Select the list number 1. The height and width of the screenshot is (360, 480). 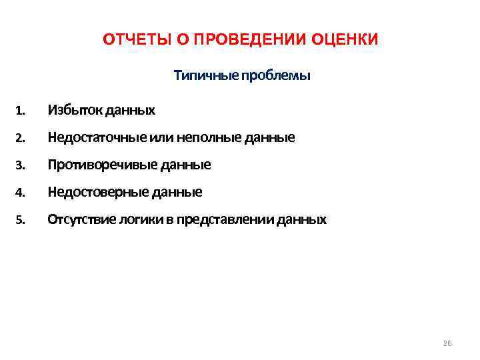pos(21,110)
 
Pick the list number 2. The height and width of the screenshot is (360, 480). pos(21,138)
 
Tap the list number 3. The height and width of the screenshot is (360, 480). pos(21,165)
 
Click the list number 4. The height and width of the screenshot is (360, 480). pos(21,193)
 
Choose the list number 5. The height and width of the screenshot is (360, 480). pos(21,220)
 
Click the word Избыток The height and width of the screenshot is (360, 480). pos(71,109)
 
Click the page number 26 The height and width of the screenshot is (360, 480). pos(447,343)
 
